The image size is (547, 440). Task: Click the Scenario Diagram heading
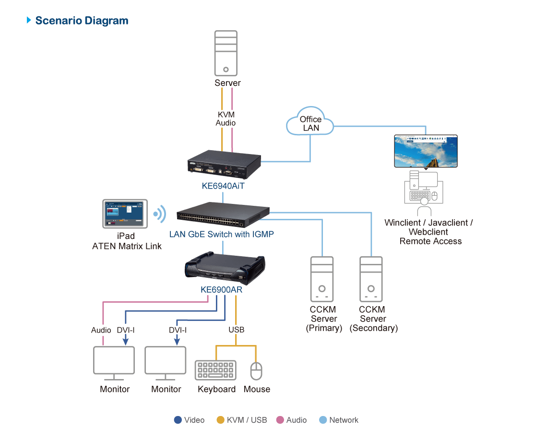point(82,21)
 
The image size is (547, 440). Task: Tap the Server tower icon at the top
point(226,53)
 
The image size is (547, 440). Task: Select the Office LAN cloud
point(310,123)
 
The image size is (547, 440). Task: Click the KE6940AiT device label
point(223,186)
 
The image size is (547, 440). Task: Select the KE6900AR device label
point(221,290)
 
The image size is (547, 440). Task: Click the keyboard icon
point(215,370)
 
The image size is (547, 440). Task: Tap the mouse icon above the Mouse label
point(257,371)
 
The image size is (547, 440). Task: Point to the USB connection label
point(236,330)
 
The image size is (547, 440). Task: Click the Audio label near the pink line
point(101,330)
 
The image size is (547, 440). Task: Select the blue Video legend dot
point(178,420)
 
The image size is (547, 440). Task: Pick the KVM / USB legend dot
point(220,420)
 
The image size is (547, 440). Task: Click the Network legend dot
point(323,420)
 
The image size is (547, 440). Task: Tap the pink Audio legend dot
point(280,420)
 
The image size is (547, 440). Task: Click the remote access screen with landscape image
point(426,151)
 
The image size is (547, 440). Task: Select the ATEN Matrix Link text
point(127,246)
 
